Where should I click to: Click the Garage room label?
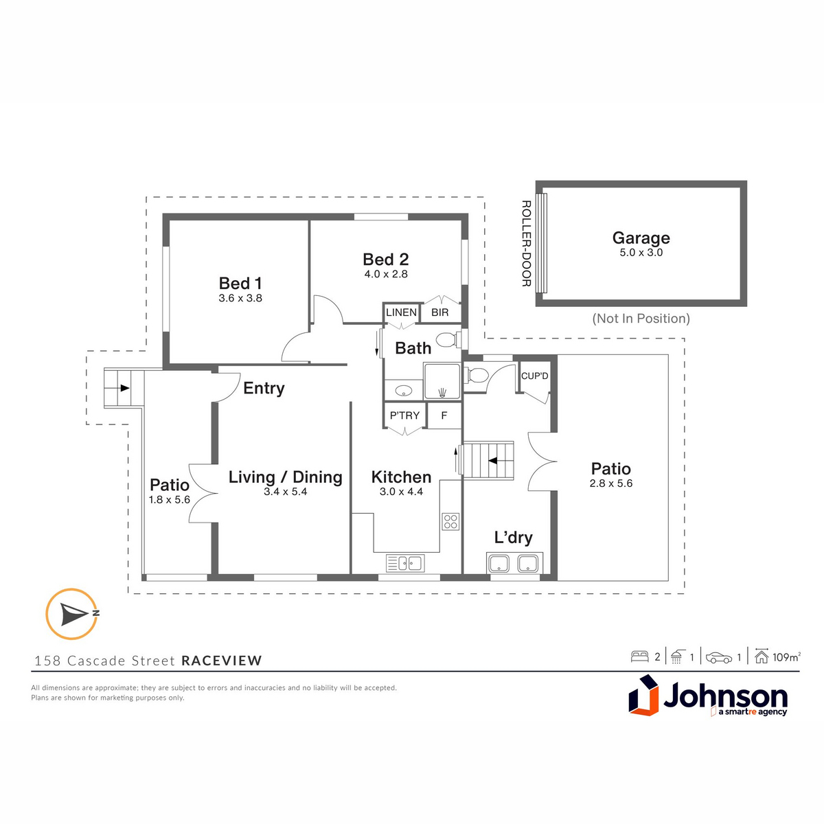coord(641,238)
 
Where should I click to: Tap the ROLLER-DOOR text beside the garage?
coord(527,243)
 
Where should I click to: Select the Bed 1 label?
coord(240,283)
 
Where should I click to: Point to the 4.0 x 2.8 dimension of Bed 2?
coord(386,274)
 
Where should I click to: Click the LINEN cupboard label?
coord(401,312)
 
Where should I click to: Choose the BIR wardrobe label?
coord(439,312)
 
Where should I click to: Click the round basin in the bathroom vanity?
coord(403,391)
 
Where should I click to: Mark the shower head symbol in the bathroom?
coord(443,391)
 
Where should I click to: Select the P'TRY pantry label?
coord(404,415)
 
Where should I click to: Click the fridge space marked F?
coord(444,415)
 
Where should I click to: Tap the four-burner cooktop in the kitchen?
coord(450,521)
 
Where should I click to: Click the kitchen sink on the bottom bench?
coord(404,563)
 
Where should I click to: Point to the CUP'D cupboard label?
coord(534,376)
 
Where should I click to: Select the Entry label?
coord(264,389)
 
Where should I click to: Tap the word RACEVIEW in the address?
coord(222,661)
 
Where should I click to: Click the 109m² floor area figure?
coord(786,657)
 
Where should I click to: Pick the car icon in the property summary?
coord(719,658)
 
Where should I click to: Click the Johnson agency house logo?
coord(643,696)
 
